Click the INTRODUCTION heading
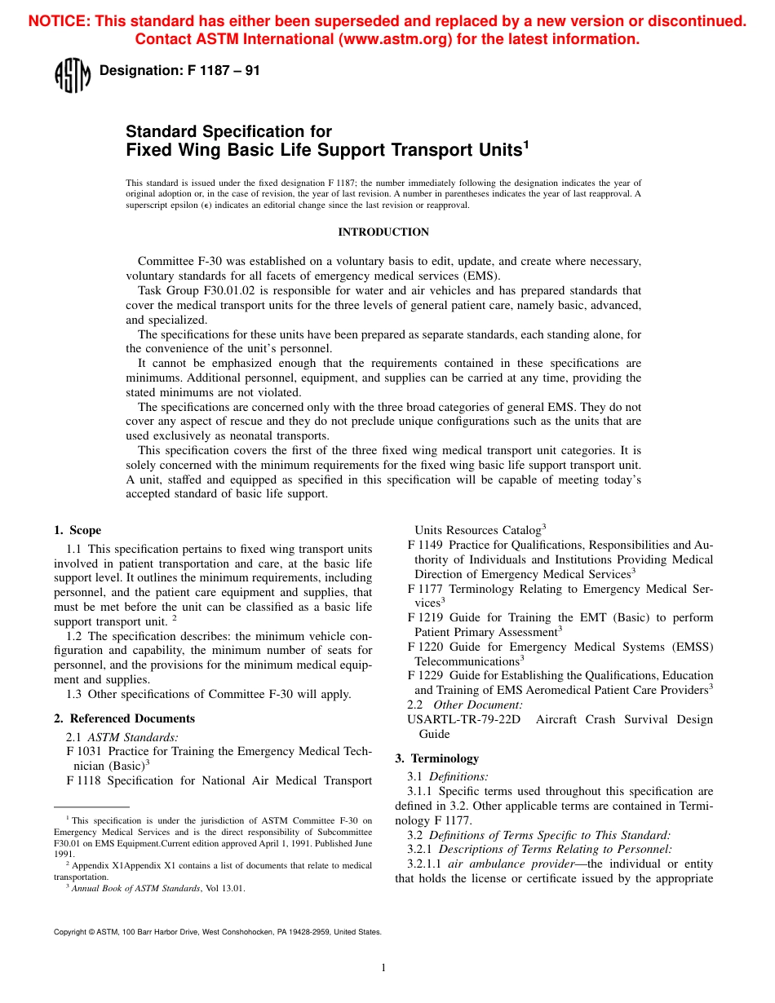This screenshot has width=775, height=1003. [x=383, y=232]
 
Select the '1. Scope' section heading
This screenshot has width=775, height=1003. [x=77, y=530]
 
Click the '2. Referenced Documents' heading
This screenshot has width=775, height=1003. [x=124, y=718]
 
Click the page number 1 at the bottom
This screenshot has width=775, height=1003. [x=383, y=968]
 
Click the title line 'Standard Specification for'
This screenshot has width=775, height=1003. [x=228, y=131]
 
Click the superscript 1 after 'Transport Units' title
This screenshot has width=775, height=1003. [x=526, y=144]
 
